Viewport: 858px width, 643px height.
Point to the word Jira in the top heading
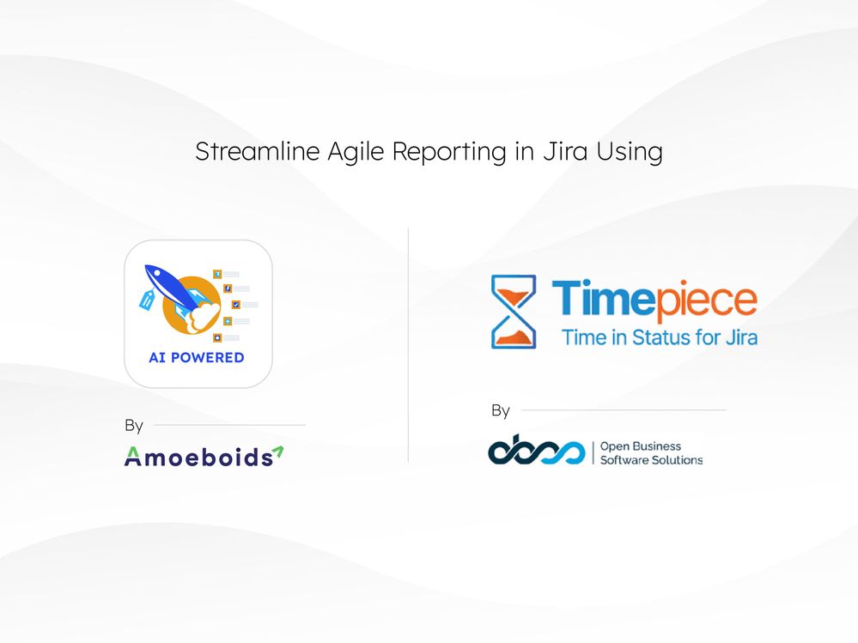565,152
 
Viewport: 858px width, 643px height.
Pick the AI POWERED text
197,358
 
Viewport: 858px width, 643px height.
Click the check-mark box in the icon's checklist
235,305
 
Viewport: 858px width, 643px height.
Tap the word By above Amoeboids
134,426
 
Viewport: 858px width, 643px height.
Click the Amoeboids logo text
197,457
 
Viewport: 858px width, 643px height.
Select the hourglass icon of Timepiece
514,311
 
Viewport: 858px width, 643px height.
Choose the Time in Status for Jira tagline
659,337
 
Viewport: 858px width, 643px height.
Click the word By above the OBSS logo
501,411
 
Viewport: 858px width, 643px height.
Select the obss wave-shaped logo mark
536,452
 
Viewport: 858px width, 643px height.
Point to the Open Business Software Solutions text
650,453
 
